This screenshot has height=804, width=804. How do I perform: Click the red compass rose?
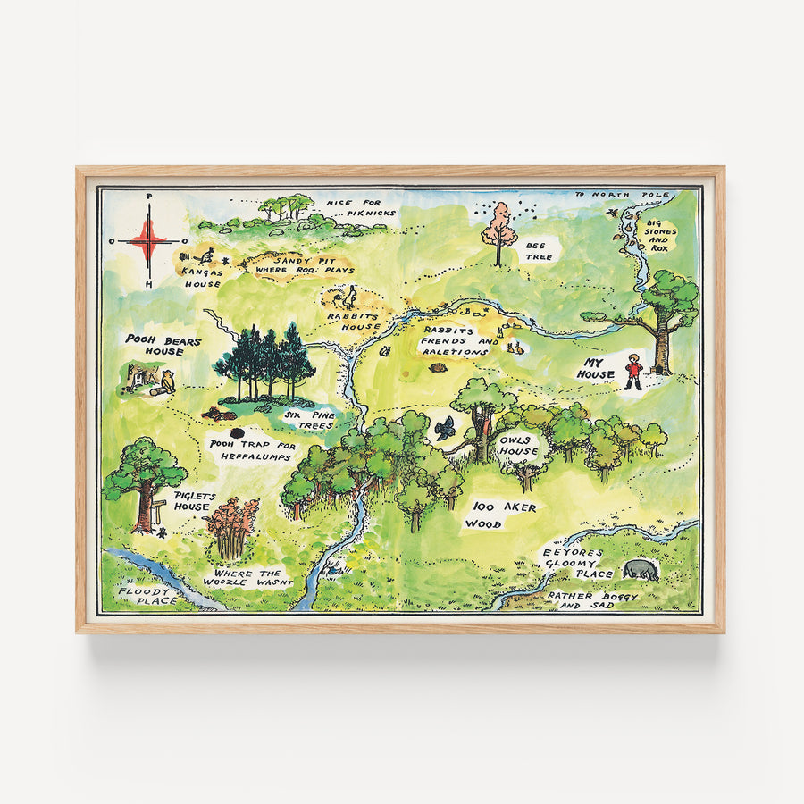click(148, 240)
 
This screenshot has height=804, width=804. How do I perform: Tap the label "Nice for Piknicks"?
click(354, 208)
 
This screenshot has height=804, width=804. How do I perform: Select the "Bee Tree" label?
click(535, 249)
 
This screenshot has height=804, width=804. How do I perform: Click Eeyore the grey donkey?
click(640, 569)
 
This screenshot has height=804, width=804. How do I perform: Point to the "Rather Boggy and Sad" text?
click(581, 599)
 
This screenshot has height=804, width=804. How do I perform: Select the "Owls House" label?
click(519, 446)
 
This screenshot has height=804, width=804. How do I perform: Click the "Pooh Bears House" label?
click(163, 345)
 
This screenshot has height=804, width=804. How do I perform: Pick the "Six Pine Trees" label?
click(308, 420)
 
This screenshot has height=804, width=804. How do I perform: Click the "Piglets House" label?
click(192, 501)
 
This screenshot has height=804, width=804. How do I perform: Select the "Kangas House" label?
click(202, 276)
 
